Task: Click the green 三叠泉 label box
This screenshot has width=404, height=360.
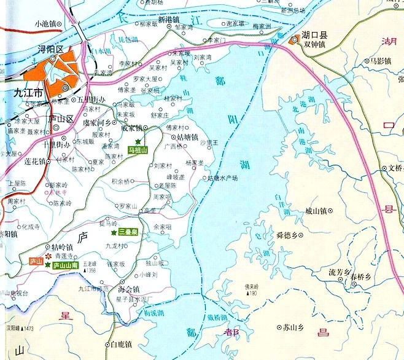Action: [128, 232]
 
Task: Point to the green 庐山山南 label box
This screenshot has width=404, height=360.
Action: [65, 265]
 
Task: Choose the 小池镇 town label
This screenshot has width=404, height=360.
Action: [45, 23]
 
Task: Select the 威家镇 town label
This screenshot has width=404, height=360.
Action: [131, 128]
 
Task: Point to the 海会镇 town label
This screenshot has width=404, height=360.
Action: [129, 289]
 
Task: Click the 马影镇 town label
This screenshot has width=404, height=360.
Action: [377, 61]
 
